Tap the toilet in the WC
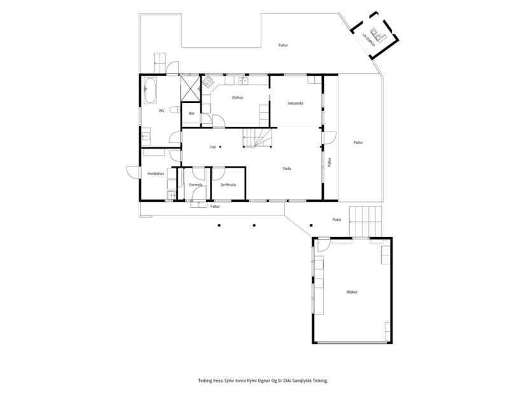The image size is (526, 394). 145,135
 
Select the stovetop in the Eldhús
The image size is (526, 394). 207,81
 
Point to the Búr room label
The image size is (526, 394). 191,113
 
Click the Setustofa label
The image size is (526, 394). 295,103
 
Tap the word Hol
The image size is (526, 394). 213,147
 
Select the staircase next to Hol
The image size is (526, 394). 258,137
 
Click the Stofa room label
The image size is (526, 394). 287,168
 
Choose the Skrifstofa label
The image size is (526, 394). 228,185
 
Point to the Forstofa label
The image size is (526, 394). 195,185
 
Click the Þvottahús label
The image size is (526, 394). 156,173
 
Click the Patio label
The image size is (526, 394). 336,219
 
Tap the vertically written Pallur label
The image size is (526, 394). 329,162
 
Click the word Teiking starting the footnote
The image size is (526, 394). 205,380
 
